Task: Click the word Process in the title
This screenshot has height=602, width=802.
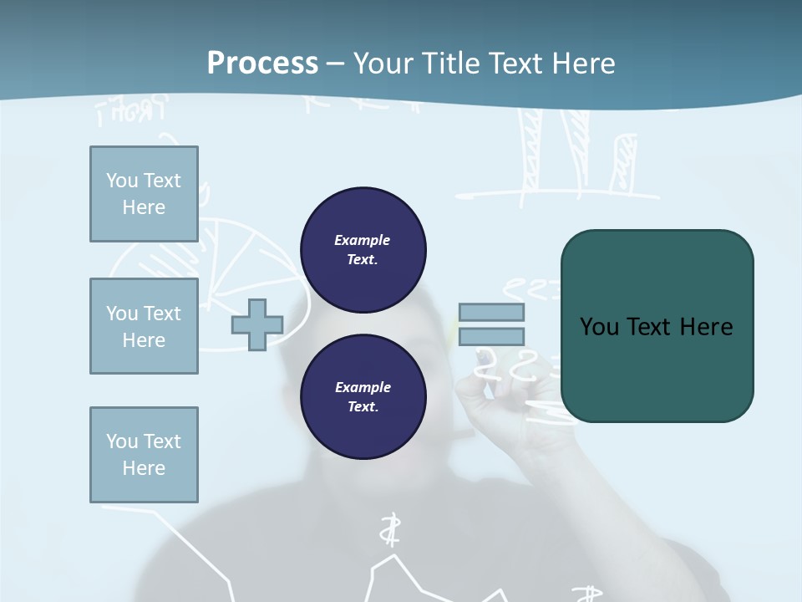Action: click(262, 63)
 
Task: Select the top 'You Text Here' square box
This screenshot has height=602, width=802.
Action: click(144, 194)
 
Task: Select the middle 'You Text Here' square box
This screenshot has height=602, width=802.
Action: click(144, 326)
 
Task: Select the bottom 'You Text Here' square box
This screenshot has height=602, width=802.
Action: click(144, 455)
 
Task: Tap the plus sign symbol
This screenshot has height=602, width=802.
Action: click(257, 324)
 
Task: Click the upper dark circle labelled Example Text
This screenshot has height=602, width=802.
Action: click(363, 250)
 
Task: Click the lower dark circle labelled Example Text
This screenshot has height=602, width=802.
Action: click(363, 397)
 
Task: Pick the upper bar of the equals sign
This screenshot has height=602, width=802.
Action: click(491, 312)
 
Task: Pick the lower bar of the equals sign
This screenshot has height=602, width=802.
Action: click(491, 337)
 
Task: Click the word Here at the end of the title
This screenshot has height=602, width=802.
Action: click(582, 63)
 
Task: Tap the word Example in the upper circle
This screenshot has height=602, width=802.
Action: click(363, 240)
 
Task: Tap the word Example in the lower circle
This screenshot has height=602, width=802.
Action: click(363, 387)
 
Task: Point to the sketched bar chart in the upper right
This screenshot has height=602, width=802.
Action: click(576, 159)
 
